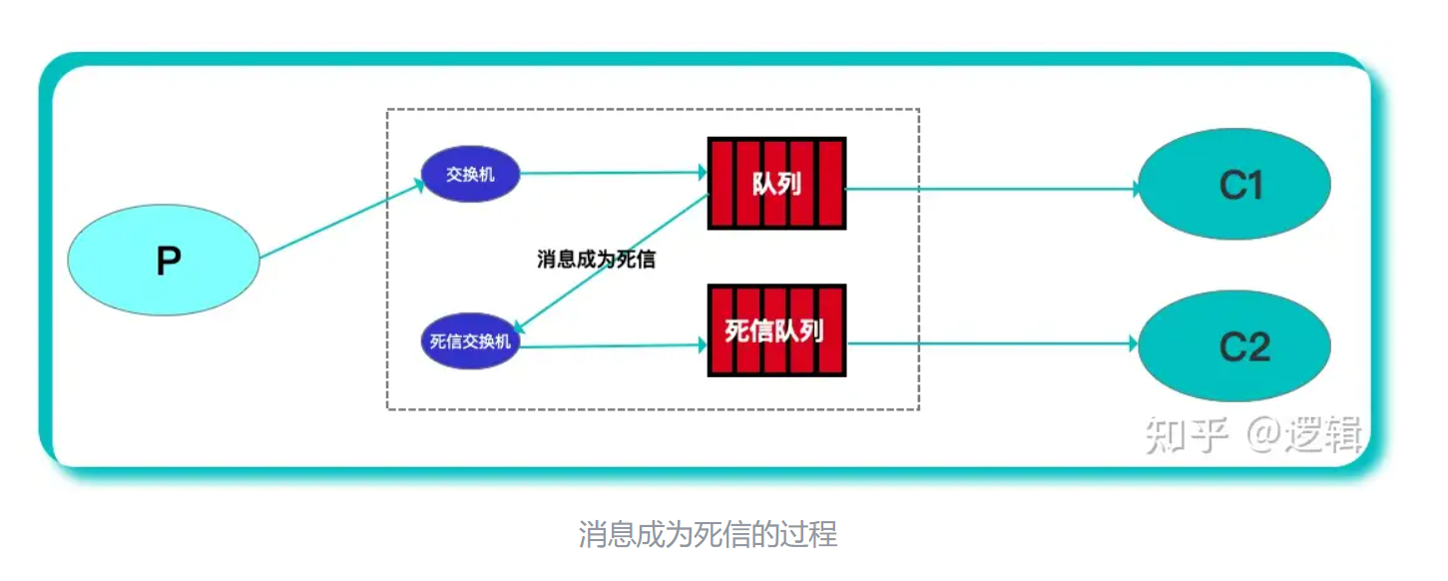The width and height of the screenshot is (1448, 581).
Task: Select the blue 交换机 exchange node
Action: tap(470, 175)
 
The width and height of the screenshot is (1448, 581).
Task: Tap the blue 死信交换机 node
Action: tap(470, 341)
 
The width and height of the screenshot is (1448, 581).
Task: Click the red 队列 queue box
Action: tap(776, 184)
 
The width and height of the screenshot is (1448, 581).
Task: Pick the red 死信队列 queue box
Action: tap(776, 330)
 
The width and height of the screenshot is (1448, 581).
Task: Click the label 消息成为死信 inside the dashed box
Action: tap(596, 260)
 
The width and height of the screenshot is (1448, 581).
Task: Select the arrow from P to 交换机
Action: tap(339, 221)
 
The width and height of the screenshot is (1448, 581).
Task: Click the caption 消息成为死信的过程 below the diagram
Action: tap(708, 534)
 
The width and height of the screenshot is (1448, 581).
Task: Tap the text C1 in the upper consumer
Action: tap(1240, 185)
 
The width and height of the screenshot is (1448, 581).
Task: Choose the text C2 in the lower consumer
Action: tap(1243, 345)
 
